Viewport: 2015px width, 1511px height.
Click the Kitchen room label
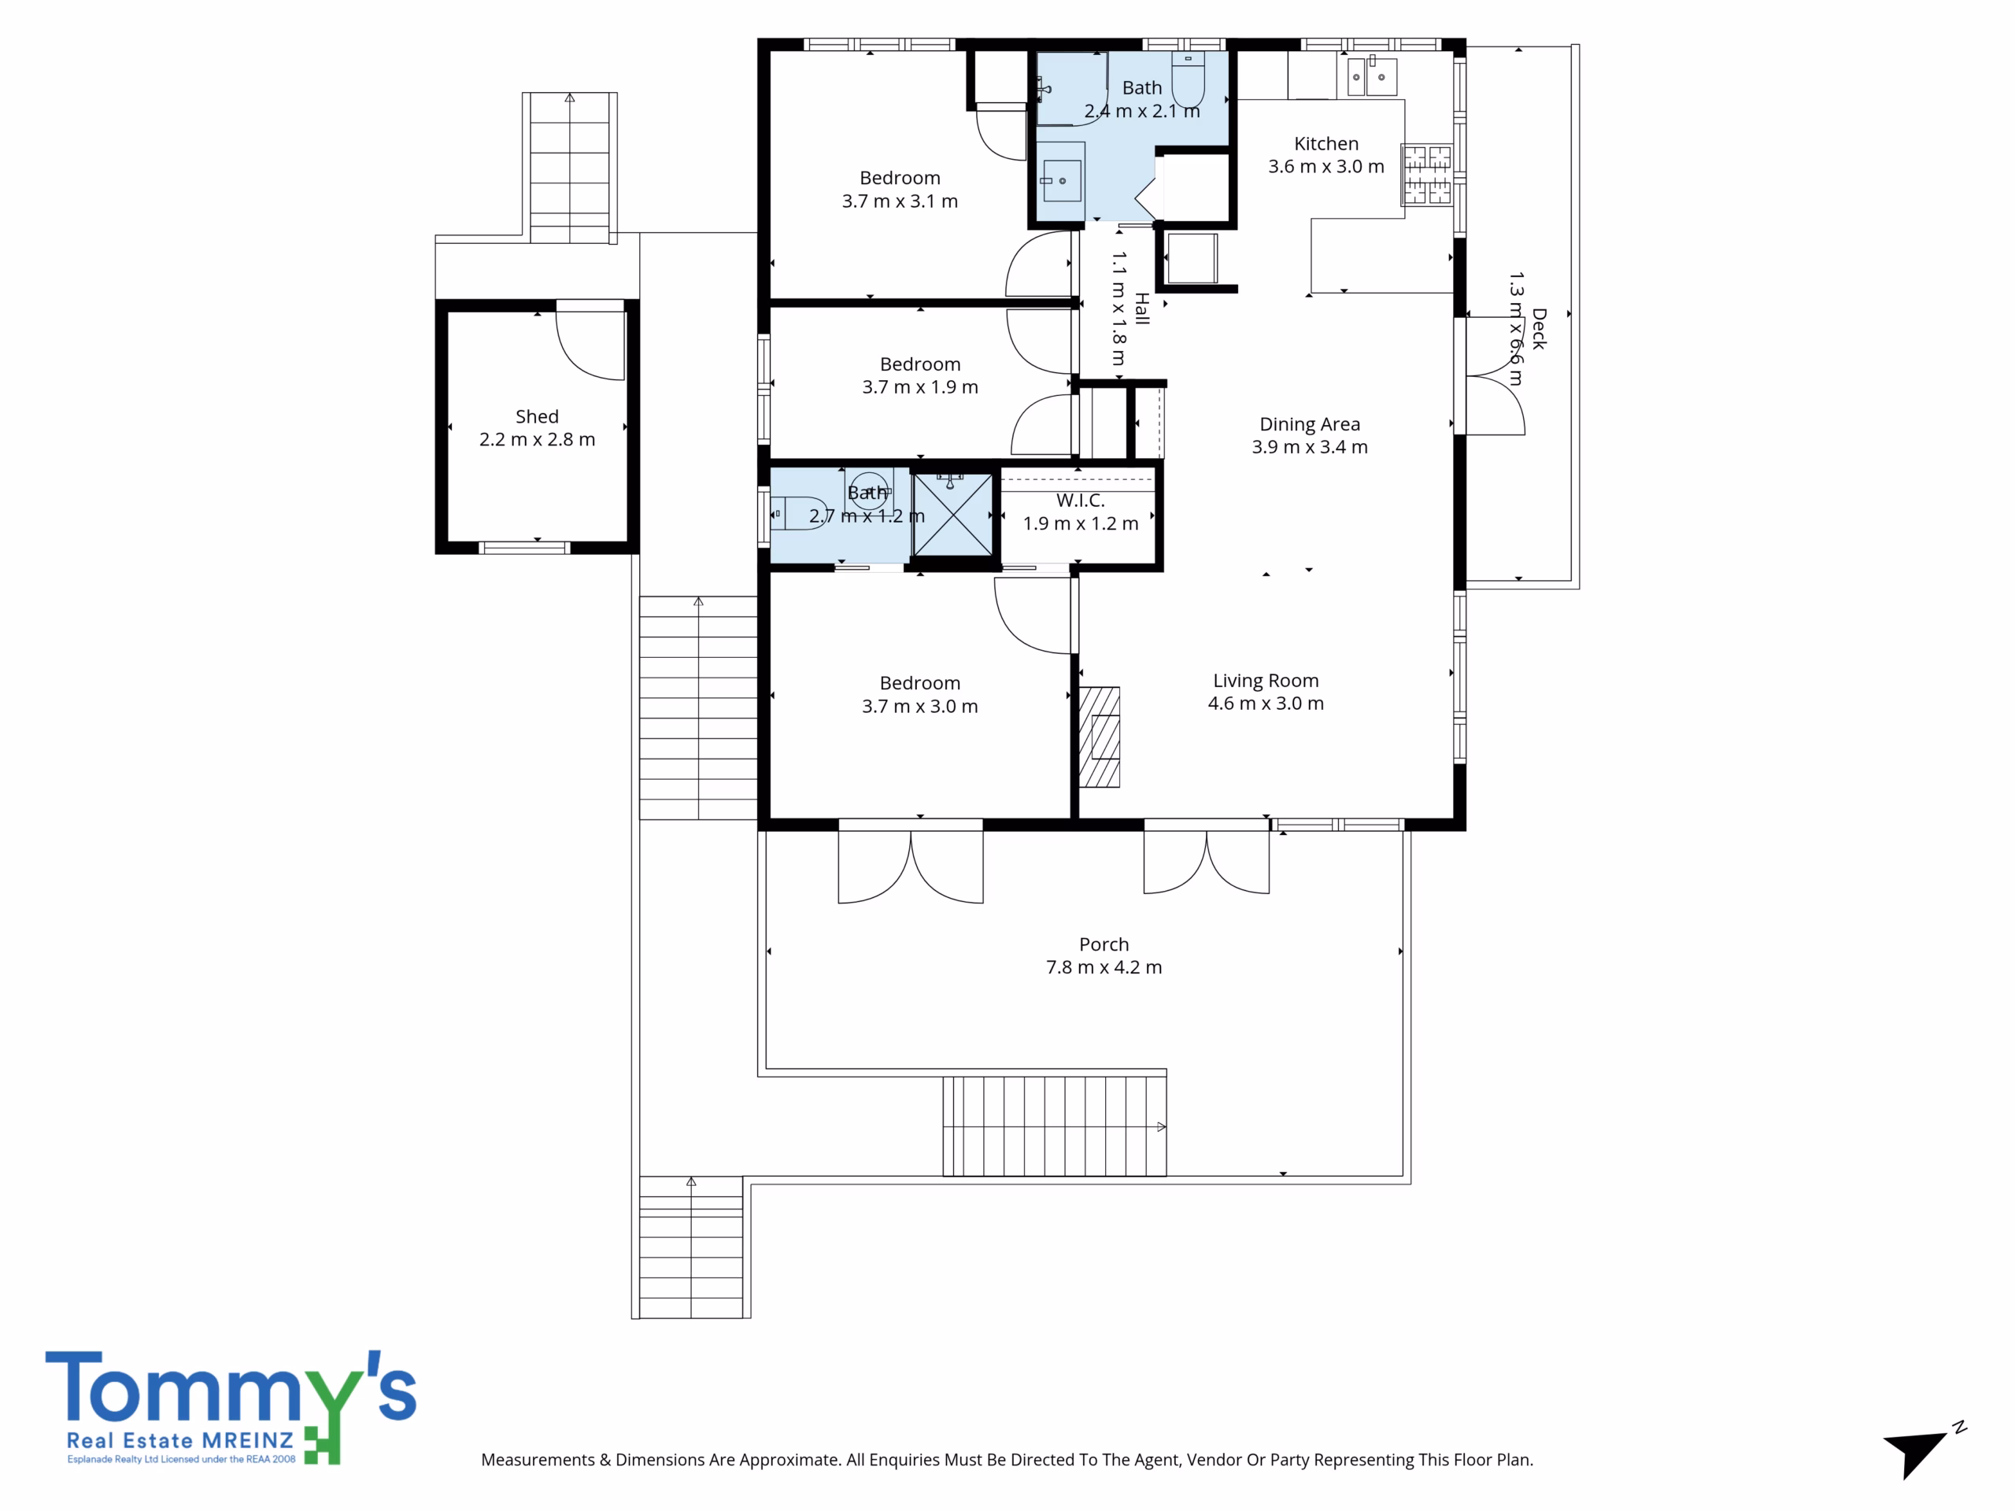pos(1325,144)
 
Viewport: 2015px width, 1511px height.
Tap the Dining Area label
pos(1309,424)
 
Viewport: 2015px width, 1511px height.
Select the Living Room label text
pos(1266,681)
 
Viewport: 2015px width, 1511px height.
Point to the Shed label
pos(537,416)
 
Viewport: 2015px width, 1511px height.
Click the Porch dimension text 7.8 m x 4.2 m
pos(1104,967)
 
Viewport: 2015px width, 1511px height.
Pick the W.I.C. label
pos(1081,500)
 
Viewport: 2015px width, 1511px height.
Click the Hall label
pos(1142,308)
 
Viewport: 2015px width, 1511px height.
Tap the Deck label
pos(1539,329)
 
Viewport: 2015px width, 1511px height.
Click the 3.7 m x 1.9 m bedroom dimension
pos(920,387)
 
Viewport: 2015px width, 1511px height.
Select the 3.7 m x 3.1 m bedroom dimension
pos(899,201)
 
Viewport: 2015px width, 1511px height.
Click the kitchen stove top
pos(1426,174)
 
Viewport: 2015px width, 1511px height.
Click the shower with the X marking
pos(953,515)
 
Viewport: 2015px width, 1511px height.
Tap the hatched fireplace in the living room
pos(1100,737)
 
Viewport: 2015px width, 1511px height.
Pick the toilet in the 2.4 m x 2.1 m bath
pos(1188,80)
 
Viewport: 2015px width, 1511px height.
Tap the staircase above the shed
pos(569,168)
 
